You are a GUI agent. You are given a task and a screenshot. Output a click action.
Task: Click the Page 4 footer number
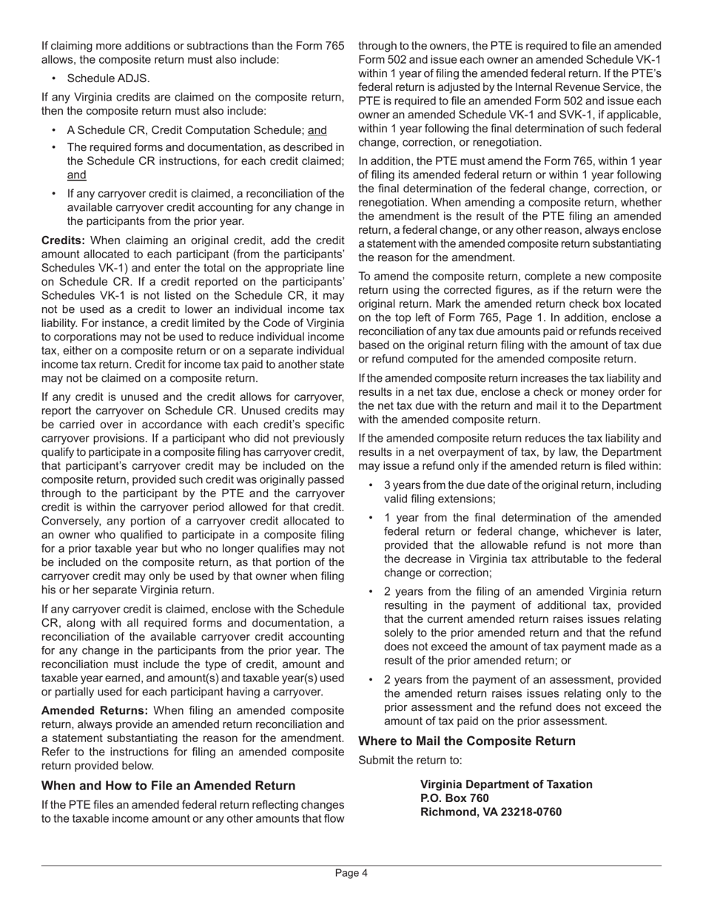[x=351, y=873]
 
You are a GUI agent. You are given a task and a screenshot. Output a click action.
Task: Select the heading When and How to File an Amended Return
[x=168, y=786]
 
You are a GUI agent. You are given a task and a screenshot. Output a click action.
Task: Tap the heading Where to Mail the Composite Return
[x=466, y=741]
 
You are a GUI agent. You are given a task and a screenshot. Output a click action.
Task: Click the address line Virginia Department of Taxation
[x=506, y=784]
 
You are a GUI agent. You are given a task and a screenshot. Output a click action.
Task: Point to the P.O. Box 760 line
[x=454, y=798]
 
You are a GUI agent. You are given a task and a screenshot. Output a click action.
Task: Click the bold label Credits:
[x=63, y=240]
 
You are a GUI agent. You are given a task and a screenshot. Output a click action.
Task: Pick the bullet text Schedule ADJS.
[x=108, y=78]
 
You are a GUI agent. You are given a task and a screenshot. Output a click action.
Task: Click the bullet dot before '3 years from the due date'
[x=371, y=485]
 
